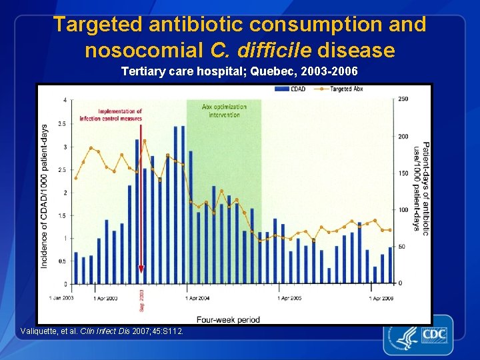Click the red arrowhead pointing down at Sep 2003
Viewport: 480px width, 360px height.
click(x=141, y=269)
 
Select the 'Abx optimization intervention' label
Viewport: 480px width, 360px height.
click(x=224, y=110)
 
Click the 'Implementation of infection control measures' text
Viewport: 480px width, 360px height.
click(x=111, y=115)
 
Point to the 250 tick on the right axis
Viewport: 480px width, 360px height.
click(x=403, y=99)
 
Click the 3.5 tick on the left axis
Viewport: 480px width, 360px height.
click(x=61, y=123)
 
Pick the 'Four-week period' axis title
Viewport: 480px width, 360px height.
click(x=228, y=319)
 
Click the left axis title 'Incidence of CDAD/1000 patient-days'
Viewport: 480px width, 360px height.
click(x=45, y=197)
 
